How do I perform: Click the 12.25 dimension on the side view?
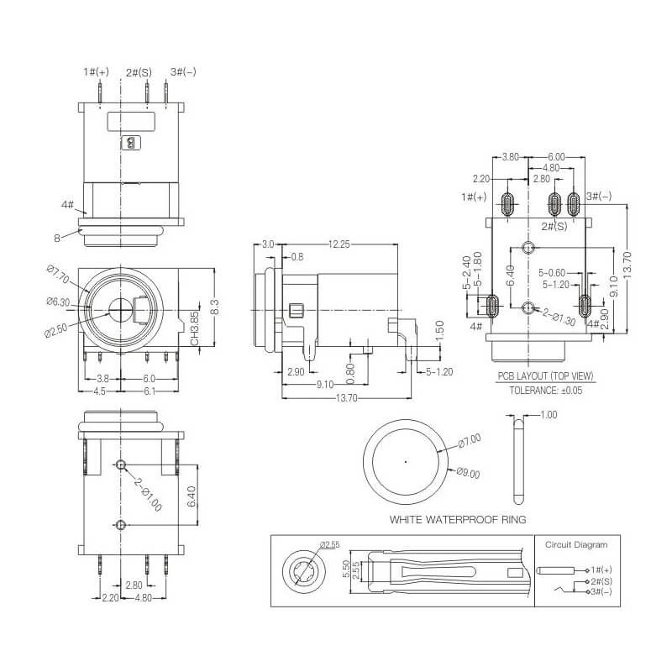[x=339, y=244]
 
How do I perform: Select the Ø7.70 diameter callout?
[x=57, y=275]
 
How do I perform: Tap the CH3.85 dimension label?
[x=195, y=328]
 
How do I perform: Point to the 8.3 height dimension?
[x=216, y=307]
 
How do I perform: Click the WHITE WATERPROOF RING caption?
[x=457, y=520]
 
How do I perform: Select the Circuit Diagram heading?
[x=576, y=544]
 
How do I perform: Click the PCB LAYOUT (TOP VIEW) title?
[x=545, y=376]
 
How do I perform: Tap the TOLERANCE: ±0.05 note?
[x=545, y=391]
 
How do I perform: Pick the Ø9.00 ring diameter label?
[x=468, y=473]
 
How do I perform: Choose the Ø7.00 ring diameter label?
[x=470, y=441]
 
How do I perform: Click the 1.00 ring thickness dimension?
[x=549, y=414]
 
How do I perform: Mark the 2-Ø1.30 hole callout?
[x=559, y=318]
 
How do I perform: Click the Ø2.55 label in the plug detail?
[x=330, y=544]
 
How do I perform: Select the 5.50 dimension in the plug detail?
[x=346, y=570]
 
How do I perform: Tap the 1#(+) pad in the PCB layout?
[x=507, y=204]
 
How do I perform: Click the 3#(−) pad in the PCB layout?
[x=573, y=204]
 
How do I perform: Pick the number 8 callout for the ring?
[x=57, y=238]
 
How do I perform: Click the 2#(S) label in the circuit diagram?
[x=601, y=581]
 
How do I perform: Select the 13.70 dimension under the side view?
[x=346, y=398]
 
